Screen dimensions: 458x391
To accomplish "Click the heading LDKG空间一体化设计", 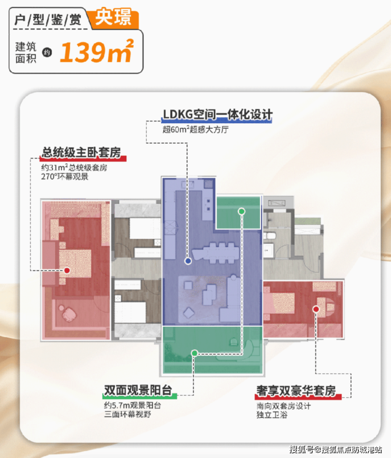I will pos(217,115).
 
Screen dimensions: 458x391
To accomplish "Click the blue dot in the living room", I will pos(188,261).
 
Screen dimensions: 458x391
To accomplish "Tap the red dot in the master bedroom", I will pos(67,270).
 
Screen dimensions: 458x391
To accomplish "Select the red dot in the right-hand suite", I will pos(316,309).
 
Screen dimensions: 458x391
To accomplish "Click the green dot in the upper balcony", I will pos(241,211).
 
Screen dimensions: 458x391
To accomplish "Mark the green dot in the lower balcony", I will pos(194,352).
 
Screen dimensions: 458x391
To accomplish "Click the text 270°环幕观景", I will pos(65,176).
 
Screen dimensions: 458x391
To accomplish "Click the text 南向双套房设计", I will pos(283,406).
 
